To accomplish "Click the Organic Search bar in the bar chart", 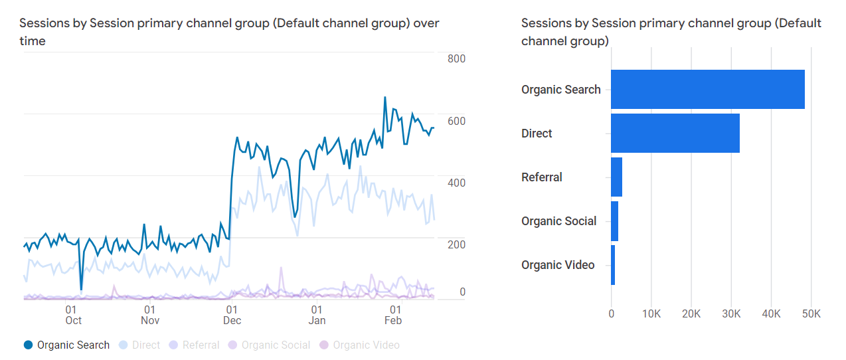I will [707, 89].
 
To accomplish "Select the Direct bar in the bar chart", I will [675, 133].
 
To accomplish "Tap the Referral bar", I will [616, 177].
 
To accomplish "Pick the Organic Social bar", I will [614, 221].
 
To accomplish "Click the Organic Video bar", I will [613, 265].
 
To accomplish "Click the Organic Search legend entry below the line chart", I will [66, 345].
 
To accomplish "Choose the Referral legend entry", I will [194, 345].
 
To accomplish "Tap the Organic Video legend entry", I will [360, 345].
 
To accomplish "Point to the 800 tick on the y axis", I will [456, 58].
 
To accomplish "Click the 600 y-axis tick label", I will [456, 121].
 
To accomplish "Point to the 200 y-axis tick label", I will [456, 244].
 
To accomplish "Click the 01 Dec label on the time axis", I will [232, 315].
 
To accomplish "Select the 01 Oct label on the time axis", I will [73, 315].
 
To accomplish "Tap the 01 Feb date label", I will [394, 315].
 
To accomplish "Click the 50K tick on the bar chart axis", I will [811, 314].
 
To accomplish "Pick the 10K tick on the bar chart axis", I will [651, 314].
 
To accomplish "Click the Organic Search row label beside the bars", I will [560, 90].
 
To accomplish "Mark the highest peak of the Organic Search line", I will [385, 98].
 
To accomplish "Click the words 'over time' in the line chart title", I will [426, 23].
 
